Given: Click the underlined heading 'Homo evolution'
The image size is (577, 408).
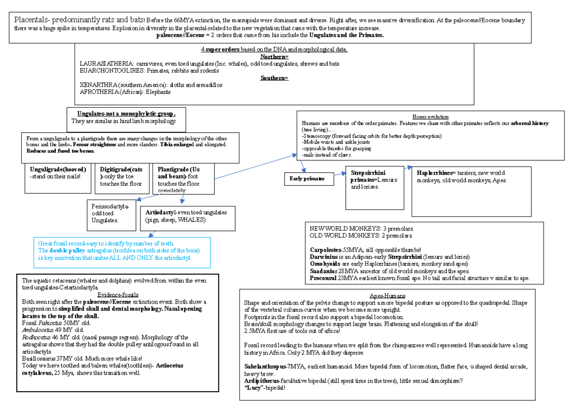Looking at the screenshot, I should (x=430, y=117).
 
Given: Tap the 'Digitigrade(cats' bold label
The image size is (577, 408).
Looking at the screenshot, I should (x=121, y=169).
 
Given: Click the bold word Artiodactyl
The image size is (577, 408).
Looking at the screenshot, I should (x=159, y=212).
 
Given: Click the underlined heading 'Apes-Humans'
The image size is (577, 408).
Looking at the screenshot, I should (x=387, y=296).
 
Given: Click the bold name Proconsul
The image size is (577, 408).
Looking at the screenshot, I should (x=324, y=278).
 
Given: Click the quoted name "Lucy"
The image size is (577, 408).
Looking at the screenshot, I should (x=255, y=388).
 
